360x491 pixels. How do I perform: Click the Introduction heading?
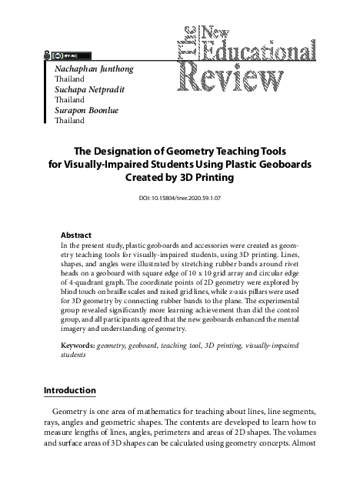(70, 390)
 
